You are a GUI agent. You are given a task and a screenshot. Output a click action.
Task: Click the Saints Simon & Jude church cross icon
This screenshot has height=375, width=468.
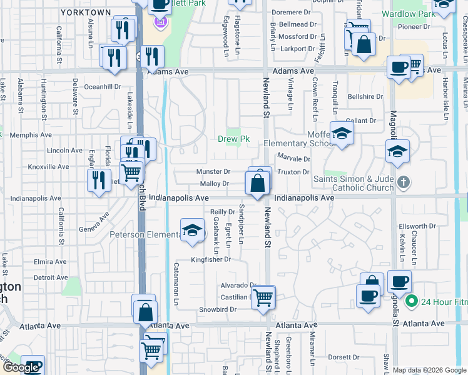pos(404,182)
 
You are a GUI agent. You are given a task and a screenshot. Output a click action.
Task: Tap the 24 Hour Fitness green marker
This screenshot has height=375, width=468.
pos(411,302)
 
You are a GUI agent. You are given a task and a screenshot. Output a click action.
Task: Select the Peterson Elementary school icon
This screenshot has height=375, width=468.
pos(193,229)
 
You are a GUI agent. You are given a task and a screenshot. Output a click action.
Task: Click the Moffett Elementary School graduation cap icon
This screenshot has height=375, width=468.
pos(342,133)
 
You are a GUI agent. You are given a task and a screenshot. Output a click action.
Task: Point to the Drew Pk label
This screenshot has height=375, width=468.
pos(233,139)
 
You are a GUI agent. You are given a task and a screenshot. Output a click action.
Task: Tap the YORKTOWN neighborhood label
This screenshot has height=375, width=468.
pos(81,12)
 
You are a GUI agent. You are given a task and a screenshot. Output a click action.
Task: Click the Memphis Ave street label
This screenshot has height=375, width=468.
pos(30,135)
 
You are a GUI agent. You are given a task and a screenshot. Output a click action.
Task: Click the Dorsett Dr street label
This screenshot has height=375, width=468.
pos(343,357)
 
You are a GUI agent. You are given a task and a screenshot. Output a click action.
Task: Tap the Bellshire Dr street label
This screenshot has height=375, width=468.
pos(365,97)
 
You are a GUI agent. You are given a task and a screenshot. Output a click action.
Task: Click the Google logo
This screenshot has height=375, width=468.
pos(21,367)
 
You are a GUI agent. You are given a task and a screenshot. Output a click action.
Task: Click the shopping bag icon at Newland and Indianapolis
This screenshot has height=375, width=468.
pos(257,183)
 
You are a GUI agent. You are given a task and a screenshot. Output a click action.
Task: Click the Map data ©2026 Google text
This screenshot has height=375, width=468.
pos(429,370)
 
